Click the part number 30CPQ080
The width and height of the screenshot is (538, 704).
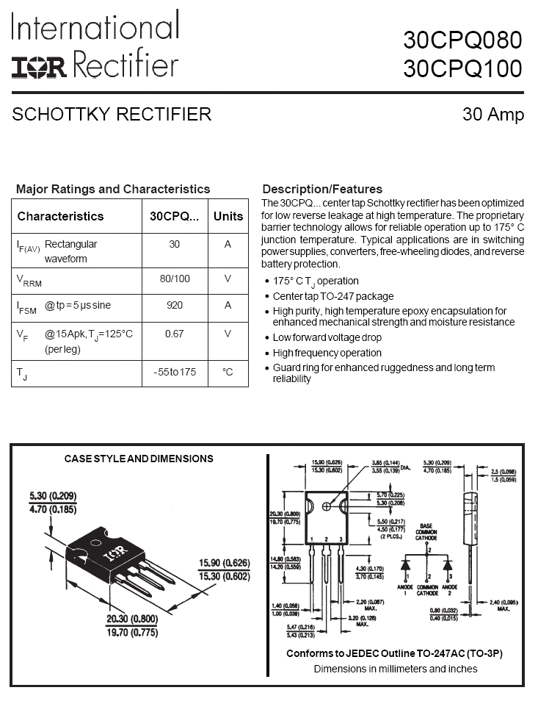462,40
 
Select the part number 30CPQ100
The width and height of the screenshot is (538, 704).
462,68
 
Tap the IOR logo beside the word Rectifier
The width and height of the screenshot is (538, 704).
38,67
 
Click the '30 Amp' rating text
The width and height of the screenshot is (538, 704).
493,115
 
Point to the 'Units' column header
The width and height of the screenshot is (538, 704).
228,216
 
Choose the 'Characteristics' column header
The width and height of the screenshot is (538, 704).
60,216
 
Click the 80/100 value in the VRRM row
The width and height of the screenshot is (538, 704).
175,279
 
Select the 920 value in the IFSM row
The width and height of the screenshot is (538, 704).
175,305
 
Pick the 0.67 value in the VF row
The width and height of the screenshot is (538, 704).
175,334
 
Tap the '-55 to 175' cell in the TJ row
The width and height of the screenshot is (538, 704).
175,373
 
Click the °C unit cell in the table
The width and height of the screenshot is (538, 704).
228,373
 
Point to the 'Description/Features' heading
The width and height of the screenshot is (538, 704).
322,189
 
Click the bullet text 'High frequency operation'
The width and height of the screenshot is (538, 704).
327,353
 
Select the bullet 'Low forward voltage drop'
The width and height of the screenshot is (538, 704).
327,337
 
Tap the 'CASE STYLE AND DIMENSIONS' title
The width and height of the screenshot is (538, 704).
139,459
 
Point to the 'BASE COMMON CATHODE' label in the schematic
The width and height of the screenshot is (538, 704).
426,532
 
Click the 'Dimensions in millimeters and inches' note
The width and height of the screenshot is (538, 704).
396,669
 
